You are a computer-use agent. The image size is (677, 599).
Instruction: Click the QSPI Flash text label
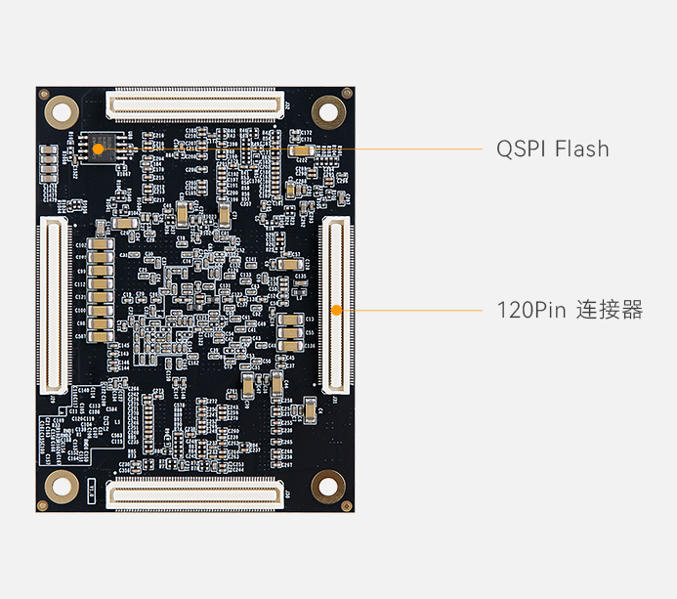tap(552, 149)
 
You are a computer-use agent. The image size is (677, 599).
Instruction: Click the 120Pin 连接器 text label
tap(570, 311)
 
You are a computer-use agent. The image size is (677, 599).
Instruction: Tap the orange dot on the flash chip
tap(98, 149)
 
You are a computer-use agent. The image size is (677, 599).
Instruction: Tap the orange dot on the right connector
tap(336, 311)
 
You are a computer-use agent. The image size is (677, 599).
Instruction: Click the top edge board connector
tap(194, 102)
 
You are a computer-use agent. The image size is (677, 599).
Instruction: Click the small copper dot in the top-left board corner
tap(42, 93)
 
